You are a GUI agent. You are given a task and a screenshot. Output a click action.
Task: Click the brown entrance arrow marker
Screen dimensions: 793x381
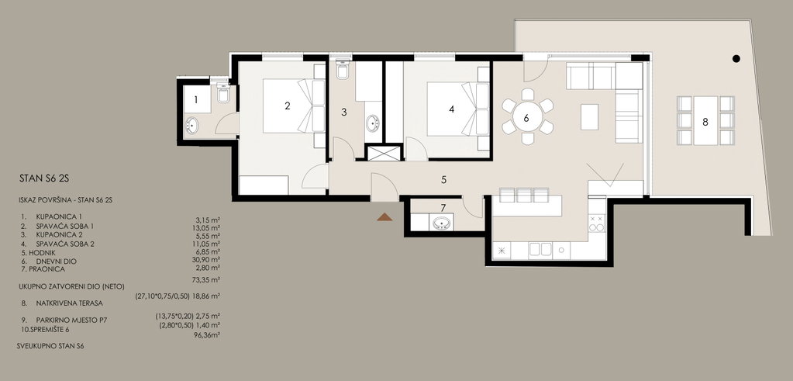pyautogui.click(x=384, y=217)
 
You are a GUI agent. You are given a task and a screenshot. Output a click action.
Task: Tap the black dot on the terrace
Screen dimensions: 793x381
pyautogui.click(x=736, y=59)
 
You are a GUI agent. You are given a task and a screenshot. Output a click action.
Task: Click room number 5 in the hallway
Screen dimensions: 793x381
pyautogui.click(x=443, y=179)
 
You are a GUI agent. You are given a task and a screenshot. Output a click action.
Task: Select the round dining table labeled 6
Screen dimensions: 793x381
pyautogui.click(x=527, y=118)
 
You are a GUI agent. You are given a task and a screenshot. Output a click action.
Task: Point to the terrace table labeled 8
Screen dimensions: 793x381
pyautogui.click(x=705, y=121)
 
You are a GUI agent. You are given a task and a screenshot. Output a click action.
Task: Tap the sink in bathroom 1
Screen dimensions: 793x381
pyautogui.click(x=192, y=124)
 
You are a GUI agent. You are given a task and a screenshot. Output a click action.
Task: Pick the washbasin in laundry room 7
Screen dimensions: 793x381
pyautogui.click(x=442, y=223)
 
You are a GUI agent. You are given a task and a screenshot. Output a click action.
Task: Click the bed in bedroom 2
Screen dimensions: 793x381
pyautogui.click(x=294, y=106)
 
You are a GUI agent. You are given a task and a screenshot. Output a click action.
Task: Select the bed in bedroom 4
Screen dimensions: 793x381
pyautogui.click(x=458, y=109)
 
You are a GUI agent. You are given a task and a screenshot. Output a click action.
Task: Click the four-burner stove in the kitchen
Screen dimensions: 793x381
pyautogui.click(x=597, y=223)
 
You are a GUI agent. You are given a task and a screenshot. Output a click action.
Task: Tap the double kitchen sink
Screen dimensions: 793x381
pyautogui.click(x=540, y=250)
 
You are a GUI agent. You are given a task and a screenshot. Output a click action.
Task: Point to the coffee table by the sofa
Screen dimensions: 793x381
pyautogui.click(x=589, y=117)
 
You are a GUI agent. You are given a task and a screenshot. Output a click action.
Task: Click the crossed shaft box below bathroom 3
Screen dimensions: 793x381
pyautogui.click(x=384, y=153)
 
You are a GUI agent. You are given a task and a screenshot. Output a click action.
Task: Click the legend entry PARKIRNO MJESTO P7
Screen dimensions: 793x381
pyautogui.click(x=71, y=320)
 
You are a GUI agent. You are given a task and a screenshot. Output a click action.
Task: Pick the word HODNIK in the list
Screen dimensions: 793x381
pyautogui.click(x=43, y=252)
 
